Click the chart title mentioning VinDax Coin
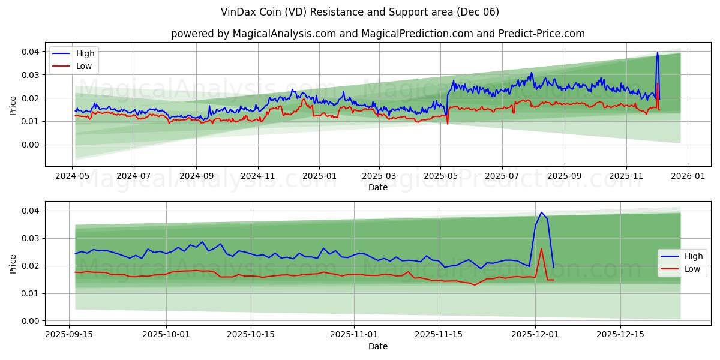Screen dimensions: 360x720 (x=360, y=12)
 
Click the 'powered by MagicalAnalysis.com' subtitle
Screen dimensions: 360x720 (x=378, y=34)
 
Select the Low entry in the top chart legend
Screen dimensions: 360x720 (x=84, y=66)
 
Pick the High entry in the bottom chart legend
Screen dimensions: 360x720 (x=693, y=256)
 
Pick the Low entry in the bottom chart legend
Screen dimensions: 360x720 (x=692, y=269)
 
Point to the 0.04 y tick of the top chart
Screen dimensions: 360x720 (x=31, y=52)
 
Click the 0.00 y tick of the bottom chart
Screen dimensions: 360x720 (x=31, y=321)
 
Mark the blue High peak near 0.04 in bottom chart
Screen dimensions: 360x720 (x=541, y=212)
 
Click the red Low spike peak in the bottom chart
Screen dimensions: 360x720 (x=541, y=249)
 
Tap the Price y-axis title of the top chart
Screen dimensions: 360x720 (x=13, y=105)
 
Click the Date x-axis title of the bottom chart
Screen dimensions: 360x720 (x=378, y=346)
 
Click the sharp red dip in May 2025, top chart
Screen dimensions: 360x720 (x=447, y=124)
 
